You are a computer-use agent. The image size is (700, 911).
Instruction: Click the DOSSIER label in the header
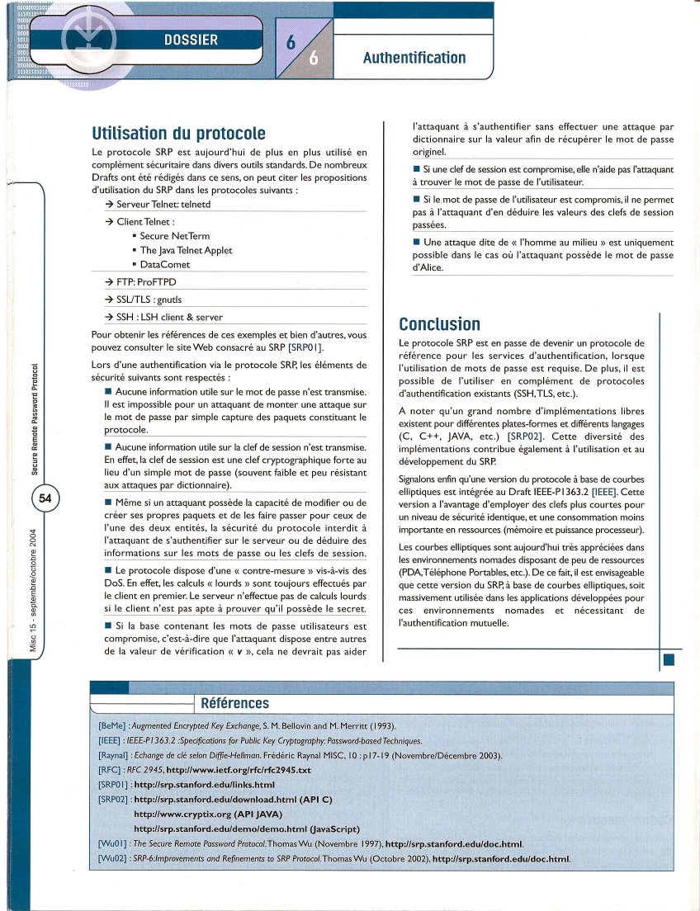(x=191, y=40)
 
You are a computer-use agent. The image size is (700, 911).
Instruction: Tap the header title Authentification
(x=414, y=58)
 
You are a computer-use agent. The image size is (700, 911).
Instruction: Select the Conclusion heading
(x=439, y=323)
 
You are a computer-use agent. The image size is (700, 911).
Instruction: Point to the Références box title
(x=235, y=703)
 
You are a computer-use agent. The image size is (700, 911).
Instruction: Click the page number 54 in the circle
(x=45, y=498)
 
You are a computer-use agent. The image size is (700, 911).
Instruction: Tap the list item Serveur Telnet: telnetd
(x=163, y=203)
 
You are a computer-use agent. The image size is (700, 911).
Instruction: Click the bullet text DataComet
(x=164, y=264)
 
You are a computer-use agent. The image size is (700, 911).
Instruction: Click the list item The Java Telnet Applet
(x=186, y=250)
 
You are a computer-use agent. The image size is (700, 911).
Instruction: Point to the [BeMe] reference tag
(x=111, y=725)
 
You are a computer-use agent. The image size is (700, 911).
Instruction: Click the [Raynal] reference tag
(x=112, y=755)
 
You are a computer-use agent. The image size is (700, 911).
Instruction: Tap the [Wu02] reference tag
(x=112, y=859)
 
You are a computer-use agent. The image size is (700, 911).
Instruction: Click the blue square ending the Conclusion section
(x=669, y=659)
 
